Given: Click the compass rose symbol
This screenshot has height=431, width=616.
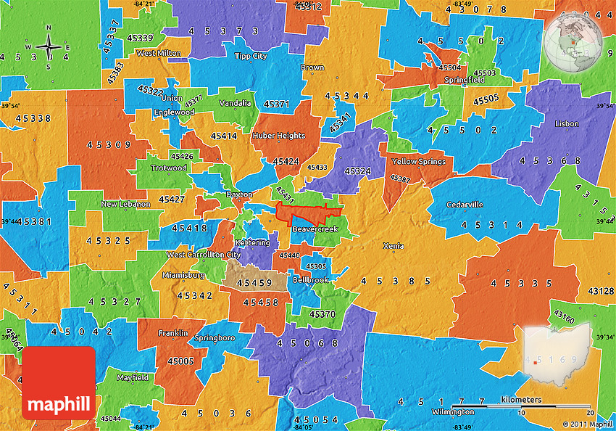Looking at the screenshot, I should tap(49, 47).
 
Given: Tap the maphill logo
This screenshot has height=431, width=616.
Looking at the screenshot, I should tap(59, 383).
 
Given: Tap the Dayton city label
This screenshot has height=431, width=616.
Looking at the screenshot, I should tap(238, 194).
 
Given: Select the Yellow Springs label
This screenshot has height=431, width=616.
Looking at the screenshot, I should tap(418, 161).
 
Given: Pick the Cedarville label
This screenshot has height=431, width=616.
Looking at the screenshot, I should tap(465, 205).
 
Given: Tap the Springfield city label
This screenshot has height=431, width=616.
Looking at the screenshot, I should tap(465, 80).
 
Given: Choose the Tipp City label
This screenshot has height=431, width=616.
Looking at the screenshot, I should tap(250, 56).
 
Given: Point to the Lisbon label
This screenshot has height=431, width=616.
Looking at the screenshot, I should tap(567, 124).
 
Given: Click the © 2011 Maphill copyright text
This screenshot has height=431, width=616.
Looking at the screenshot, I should tap(587, 424).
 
